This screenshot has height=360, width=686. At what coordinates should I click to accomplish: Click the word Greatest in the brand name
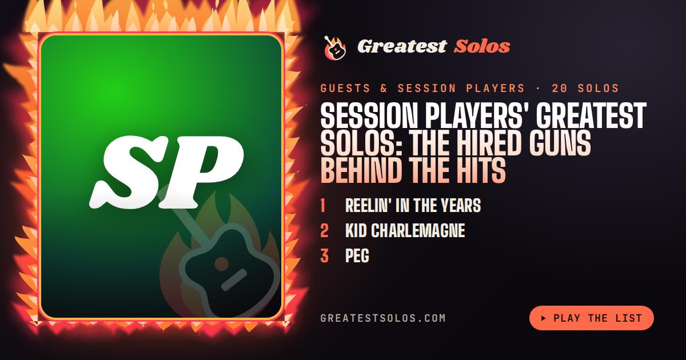pos(402,46)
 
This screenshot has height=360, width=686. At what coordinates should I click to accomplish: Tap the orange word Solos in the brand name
pos(482,46)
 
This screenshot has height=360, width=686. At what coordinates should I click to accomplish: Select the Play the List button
pos(591,318)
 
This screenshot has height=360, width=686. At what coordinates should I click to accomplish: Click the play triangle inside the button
pos(544,318)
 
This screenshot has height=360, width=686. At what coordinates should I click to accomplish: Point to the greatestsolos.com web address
pos(383,318)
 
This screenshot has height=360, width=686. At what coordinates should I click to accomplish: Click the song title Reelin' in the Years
pos(413,205)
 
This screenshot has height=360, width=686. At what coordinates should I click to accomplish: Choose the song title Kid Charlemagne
pos(405,230)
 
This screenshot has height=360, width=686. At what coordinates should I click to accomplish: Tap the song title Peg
pos(357,255)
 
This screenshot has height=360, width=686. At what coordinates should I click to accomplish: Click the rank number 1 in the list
pos(323,205)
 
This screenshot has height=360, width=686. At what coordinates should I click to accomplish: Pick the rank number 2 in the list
pos(324,230)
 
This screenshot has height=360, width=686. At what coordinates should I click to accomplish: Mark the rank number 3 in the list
pos(324,255)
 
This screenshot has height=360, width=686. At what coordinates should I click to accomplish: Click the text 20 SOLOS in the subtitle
pos(585,89)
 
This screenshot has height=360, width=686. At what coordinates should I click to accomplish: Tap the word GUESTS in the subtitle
pos(345,89)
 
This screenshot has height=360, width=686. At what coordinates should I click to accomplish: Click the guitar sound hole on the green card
pos(222,264)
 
